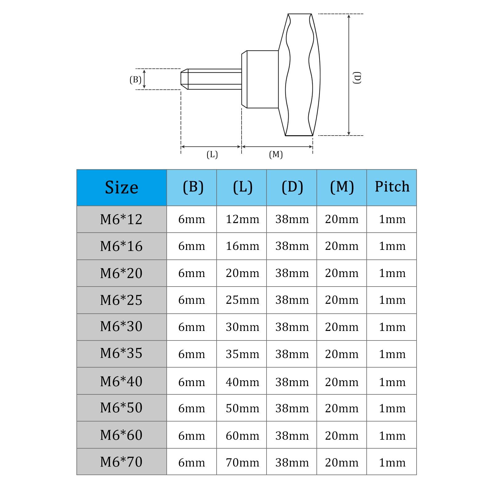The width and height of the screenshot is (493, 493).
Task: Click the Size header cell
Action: coord(121,187)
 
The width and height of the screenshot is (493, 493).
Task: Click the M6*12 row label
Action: coord(121,219)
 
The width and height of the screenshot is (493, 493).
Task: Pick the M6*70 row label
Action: coord(121,462)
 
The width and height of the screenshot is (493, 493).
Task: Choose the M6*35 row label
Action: coord(121,353)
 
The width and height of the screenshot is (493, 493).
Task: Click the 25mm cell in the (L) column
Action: coord(242,300)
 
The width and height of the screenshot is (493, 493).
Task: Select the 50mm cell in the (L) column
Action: coord(242,408)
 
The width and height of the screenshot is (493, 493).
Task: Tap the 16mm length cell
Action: coord(242,246)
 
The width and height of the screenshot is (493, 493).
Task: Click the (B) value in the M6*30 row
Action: coord(192,327)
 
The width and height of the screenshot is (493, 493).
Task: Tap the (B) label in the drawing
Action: coord(135,80)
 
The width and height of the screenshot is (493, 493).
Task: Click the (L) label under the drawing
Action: coord(212,154)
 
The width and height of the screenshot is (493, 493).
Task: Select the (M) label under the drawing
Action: coord(276,154)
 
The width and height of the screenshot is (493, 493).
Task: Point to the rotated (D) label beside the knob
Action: coord(357,78)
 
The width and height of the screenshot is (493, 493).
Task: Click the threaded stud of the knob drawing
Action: coord(214,79)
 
